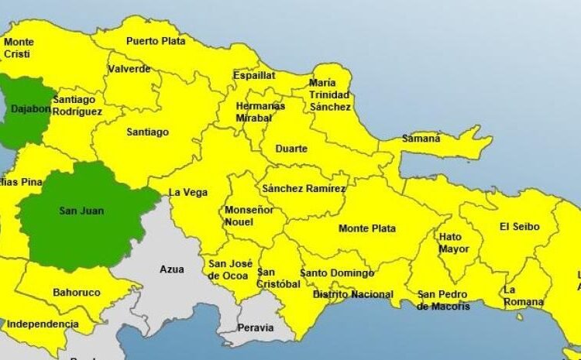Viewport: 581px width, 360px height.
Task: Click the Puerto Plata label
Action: pos(156,41)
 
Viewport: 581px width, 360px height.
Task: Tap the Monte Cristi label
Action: pos(19,47)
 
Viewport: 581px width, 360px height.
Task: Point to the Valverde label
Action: pos(129,69)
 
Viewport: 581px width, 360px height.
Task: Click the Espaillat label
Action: pos(254,76)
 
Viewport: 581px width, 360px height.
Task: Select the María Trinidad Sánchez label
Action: pos(330,94)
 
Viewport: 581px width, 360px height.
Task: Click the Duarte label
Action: pos(291,149)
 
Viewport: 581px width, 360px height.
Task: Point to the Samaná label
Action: pos(421,139)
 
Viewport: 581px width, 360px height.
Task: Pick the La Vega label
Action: pos(188,192)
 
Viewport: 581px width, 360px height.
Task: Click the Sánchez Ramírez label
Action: pos(304,188)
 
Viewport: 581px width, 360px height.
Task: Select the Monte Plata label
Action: pos(367,228)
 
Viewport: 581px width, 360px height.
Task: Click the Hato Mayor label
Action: pos(453,243)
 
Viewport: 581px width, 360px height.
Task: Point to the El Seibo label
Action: pos(519,227)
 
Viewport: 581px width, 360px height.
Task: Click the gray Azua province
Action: pos(171,270)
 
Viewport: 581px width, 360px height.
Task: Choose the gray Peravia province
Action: pos(255,327)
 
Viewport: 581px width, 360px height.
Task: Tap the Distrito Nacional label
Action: pos(352,294)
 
